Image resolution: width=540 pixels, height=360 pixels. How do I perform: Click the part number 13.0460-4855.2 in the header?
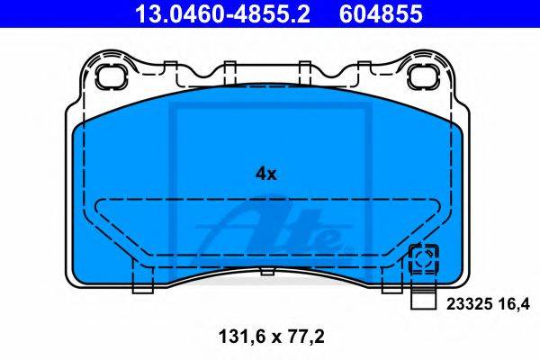[222, 13]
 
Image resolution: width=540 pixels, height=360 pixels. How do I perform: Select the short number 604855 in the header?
[381, 13]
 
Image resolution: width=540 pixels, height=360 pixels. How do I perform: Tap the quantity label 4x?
[265, 175]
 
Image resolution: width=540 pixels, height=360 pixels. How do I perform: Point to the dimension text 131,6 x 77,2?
[272, 337]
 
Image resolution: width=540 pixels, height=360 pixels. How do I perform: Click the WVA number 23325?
[469, 304]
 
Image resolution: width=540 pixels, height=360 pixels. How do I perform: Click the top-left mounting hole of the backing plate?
[111, 76]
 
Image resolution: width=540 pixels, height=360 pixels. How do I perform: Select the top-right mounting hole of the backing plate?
[423, 76]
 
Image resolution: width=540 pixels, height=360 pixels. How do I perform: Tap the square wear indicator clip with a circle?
[423, 259]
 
